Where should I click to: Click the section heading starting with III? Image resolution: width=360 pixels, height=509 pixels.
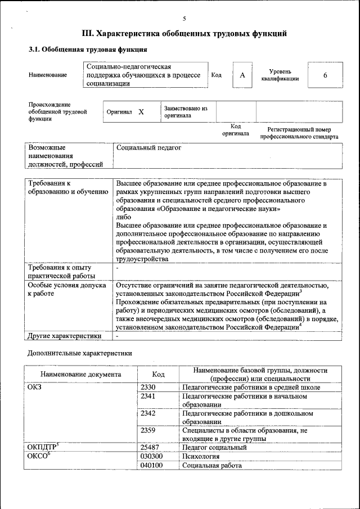pos(184,34)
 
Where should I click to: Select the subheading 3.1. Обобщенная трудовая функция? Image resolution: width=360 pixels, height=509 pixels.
pos(88,49)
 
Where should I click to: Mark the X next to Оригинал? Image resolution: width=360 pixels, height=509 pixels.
pos(141,112)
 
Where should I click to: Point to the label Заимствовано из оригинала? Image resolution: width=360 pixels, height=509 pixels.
pos(186,112)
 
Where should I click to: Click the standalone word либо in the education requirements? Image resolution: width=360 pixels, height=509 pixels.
pos(123,217)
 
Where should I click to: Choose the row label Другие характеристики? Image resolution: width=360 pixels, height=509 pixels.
pos(65,336)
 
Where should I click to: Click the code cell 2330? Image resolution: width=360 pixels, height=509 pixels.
pos(148,388)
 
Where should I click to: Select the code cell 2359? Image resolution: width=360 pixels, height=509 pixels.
pos(148,430)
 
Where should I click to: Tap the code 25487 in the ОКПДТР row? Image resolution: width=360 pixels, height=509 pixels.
pos(150,448)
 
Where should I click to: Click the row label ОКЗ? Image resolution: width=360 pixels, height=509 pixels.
pos(34,388)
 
